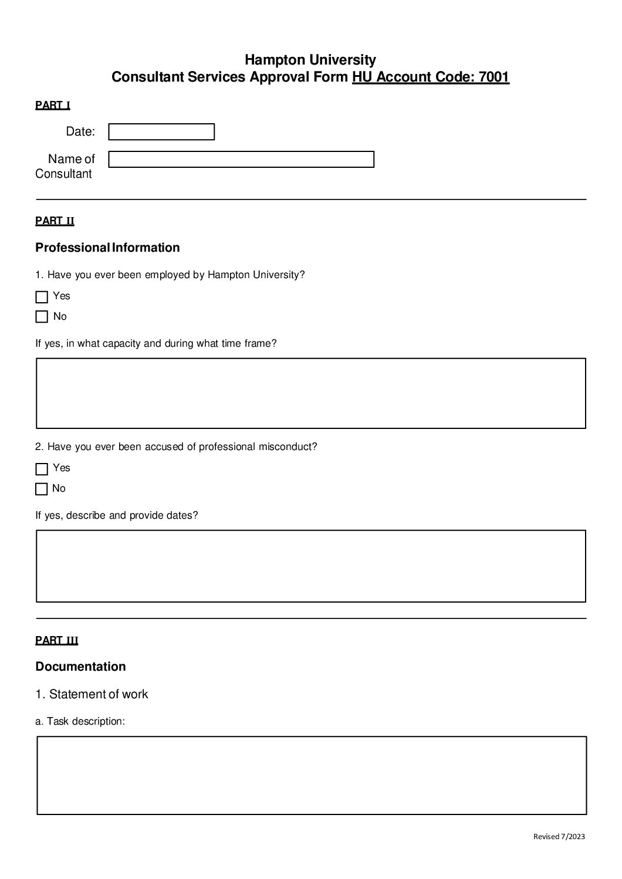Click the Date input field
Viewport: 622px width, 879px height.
[x=161, y=132]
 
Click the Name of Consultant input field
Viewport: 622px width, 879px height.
[x=241, y=160]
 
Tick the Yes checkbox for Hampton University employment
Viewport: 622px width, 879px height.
[x=42, y=297]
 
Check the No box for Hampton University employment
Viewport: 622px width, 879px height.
[x=42, y=317]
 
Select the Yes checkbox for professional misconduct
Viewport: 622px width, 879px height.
[x=42, y=469]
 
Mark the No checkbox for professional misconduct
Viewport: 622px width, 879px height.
[x=42, y=489]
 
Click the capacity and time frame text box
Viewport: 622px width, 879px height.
[x=311, y=393]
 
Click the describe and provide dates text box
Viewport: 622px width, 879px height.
[x=311, y=566]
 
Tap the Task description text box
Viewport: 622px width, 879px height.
[x=312, y=775]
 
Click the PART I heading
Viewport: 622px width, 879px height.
[x=53, y=106]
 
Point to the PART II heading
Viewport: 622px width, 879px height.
[x=55, y=221]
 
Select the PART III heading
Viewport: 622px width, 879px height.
[x=56, y=641]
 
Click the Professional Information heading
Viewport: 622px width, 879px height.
[x=107, y=248]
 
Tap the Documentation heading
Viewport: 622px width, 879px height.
[x=80, y=667]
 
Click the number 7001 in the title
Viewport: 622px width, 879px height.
[x=493, y=77]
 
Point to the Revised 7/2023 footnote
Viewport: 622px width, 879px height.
[x=559, y=837]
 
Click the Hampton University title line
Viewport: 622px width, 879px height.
[x=310, y=60]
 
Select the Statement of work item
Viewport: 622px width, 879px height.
[x=92, y=694]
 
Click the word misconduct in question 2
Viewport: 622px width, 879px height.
[x=288, y=447]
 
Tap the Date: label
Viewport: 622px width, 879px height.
[x=80, y=132]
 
